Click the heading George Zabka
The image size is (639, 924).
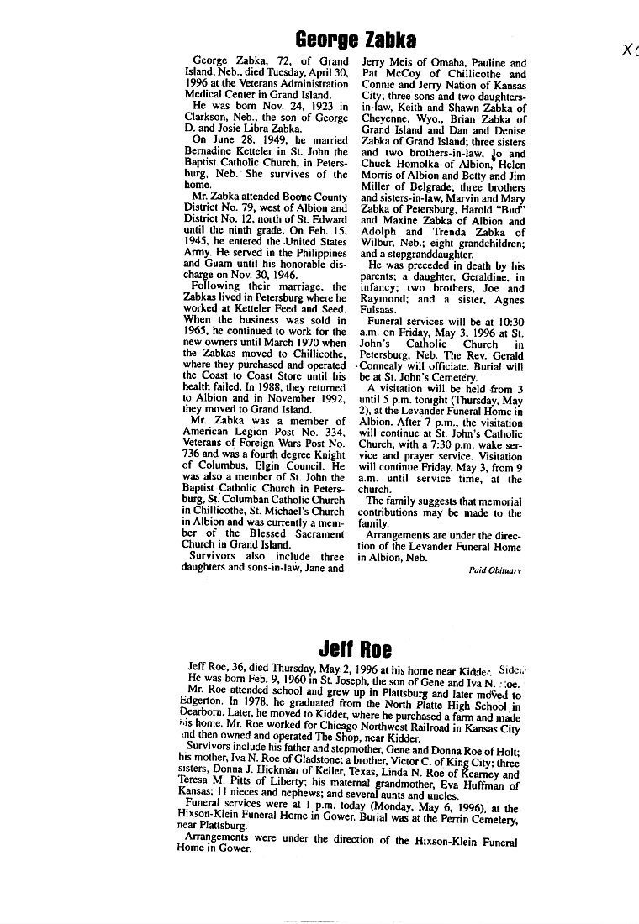pos(356,39)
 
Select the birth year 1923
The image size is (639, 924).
pos(307,107)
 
